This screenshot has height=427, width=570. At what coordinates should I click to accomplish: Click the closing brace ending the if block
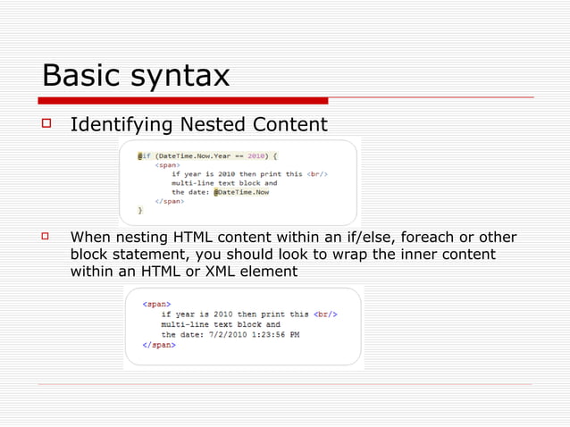coord(139,211)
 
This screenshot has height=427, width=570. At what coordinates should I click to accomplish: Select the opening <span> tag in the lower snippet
coord(158,305)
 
